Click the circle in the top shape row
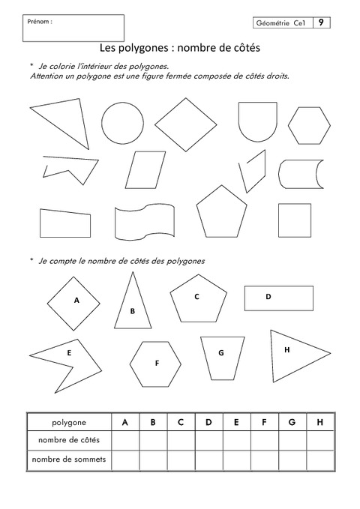[x=122, y=122]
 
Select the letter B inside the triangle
[x=132, y=311]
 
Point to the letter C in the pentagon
[x=196, y=296]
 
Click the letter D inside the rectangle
[x=268, y=297]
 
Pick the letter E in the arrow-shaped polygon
[x=69, y=352]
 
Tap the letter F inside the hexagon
[x=157, y=363]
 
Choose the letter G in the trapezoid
[x=220, y=352]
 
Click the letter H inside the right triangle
[x=286, y=349]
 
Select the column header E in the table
[x=235, y=422]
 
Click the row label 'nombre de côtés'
[x=68, y=439]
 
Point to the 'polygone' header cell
[x=68, y=422]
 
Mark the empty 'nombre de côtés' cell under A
[x=125, y=440]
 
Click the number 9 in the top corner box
[x=320, y=23]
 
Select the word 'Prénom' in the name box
[x=39, y=22]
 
